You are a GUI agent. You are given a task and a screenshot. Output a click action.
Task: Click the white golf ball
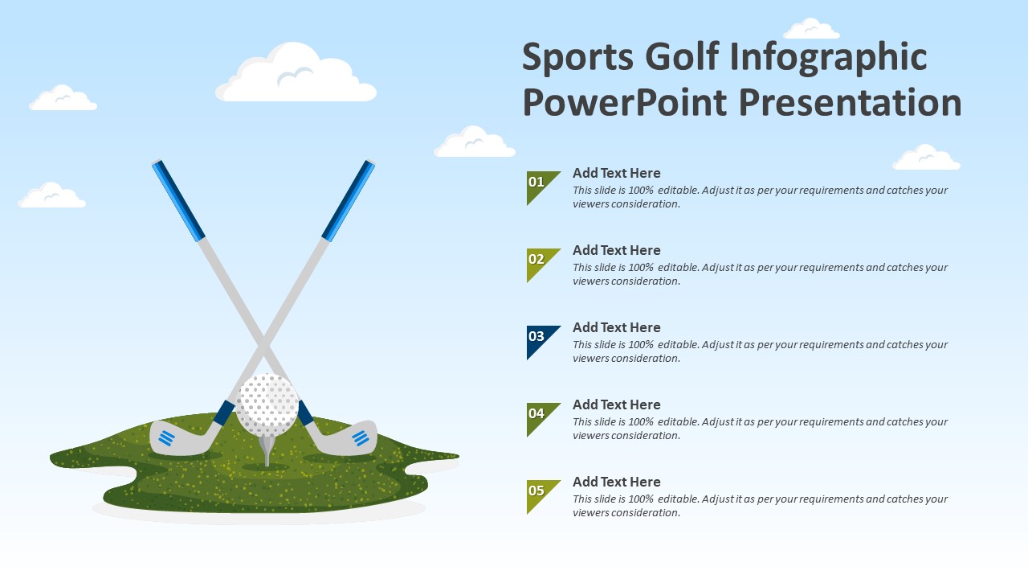(x=267, y=404)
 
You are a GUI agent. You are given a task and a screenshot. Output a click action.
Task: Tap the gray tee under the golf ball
(x=267, y=449)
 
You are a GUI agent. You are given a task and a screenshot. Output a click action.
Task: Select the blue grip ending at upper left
(x=178, y=200)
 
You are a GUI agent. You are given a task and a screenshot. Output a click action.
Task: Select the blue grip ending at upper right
(x=349, y=200)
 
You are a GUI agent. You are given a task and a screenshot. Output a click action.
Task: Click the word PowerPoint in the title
(x=624, y=103)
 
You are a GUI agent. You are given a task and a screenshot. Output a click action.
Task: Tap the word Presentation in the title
(x=850, y=103)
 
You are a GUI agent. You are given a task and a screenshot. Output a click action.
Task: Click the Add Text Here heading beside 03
(x=616, y=327)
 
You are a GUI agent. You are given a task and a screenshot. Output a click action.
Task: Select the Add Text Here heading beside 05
(x=616, y=482)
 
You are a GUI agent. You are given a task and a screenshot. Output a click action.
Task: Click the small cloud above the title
(x=811, y=30)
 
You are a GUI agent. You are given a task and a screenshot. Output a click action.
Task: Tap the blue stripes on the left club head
(x=167, y=438)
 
